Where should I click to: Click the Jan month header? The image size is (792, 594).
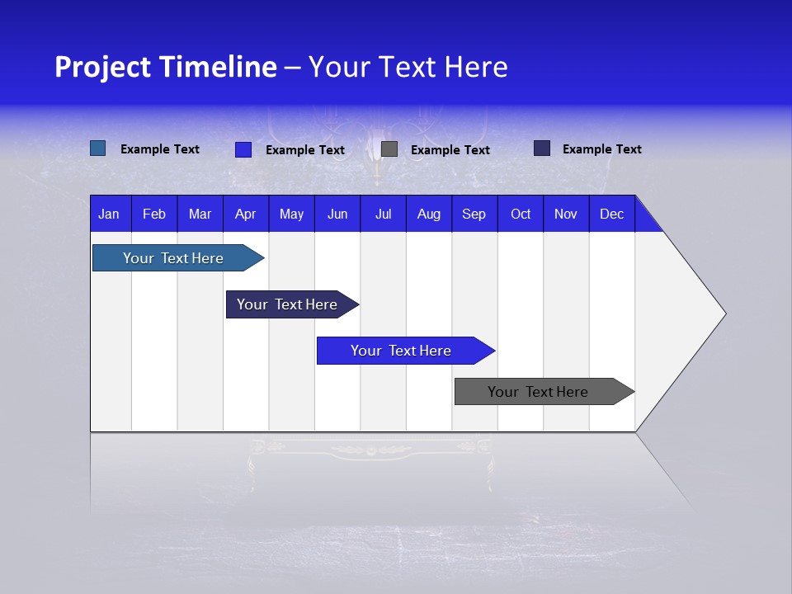click(109, 214)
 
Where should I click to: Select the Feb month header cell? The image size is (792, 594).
click(154, 214)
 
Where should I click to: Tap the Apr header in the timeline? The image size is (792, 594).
click(246, 214)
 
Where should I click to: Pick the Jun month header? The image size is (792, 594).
click(337, 214)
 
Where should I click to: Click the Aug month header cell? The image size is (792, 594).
click(429, 214)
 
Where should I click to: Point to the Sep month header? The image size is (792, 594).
click(474, 214)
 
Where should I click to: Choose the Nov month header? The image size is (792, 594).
click(566, 214)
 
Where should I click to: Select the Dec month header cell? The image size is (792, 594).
click(612, 214)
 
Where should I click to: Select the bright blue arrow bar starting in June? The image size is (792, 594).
click(402, 351)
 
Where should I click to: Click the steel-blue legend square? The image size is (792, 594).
click(97, 148)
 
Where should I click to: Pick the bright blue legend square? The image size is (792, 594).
click(243, 149)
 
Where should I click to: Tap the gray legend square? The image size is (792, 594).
click(389, 149)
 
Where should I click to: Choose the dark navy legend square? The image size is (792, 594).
click(542, 148)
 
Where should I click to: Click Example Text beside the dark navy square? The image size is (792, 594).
click(601, 149)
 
